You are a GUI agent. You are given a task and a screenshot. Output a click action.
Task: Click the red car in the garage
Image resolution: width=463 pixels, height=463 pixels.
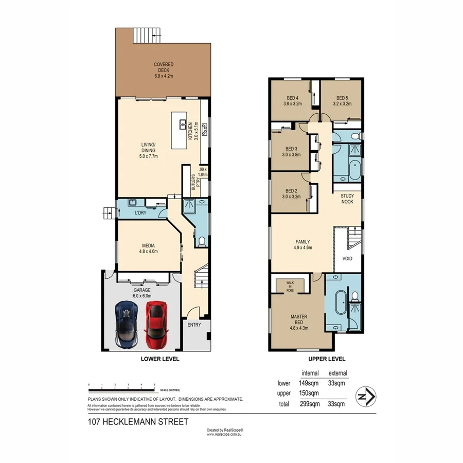[156, 324]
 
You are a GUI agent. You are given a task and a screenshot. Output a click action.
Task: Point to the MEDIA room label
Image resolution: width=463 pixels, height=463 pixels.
[148, 248]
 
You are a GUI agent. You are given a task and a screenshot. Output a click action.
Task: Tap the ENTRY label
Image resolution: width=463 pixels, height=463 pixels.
[194, 325]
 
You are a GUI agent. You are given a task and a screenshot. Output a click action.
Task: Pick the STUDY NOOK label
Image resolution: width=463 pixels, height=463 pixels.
[348, 199]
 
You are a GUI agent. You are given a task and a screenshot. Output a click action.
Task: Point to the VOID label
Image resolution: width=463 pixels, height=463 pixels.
[347, 258]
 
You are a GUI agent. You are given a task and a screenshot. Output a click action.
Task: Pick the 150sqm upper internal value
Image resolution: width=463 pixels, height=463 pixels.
[309, 393]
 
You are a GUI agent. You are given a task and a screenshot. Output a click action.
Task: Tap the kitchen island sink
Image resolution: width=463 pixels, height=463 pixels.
[182, 124]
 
